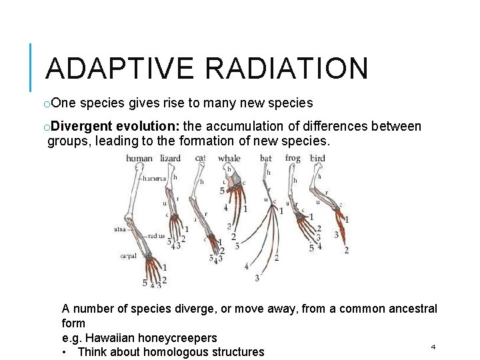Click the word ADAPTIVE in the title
click(x=115, y=69)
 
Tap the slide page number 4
click(x=433, y=347)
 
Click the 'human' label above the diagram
click(x=139, y=159)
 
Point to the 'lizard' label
click(x=171, y=159)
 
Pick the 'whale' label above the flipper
click(x=229, y=159)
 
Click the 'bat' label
click(x=265, y=159)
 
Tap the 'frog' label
click(x=292, y=159)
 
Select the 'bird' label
click(x=317, y=159)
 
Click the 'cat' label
click(x=200, y=159)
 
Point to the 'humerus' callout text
click(x=155, y=179)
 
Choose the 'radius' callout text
click(x=157, y=236)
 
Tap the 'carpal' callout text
click(x=128, y=256)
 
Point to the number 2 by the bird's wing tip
click(x=347, y=250)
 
